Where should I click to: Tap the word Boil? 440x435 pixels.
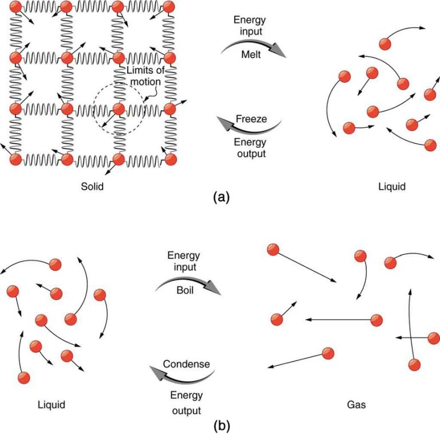185,290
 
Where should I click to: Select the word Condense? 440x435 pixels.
186,364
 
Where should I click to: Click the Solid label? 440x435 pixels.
93,187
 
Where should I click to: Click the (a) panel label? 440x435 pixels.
221,197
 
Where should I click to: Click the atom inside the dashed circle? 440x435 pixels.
119,108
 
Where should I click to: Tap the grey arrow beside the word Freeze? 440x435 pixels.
247,128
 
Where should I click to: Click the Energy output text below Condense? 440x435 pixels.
185,402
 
